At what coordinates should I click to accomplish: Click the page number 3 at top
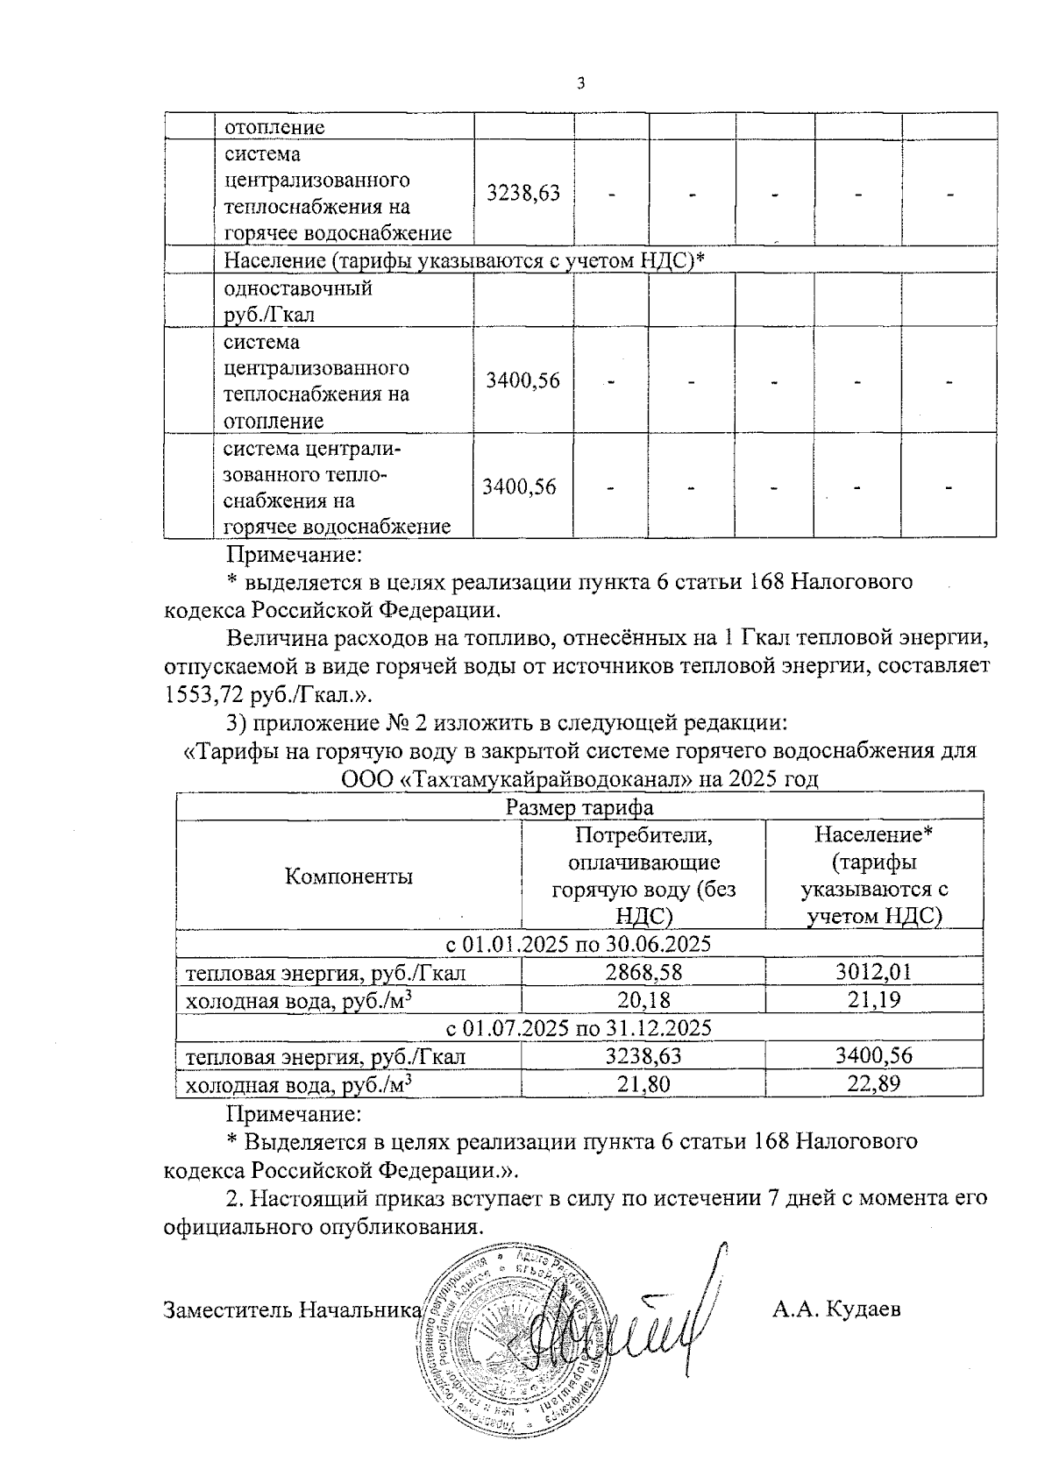[x=580, y=84]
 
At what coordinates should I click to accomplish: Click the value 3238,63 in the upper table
[x=523, y=193]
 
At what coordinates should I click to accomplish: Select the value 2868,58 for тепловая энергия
[x=643, y=973]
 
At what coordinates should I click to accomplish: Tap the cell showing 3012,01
[x=874, y=973]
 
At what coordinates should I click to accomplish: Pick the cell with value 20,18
[x=643, y=1000]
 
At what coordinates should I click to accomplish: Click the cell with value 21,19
[x=874, y=1000]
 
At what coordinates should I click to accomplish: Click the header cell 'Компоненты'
[x=349, y=876]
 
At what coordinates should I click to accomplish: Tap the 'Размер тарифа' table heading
[x=579, y=807]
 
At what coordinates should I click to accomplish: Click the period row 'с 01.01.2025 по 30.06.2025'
[x=579, y=945]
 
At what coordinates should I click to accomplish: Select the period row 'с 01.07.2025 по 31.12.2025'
[x=579, y=1028]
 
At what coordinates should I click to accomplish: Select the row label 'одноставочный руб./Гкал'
[x=299, y=301]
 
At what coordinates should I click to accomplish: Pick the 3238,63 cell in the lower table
[x=643, y=1056]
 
